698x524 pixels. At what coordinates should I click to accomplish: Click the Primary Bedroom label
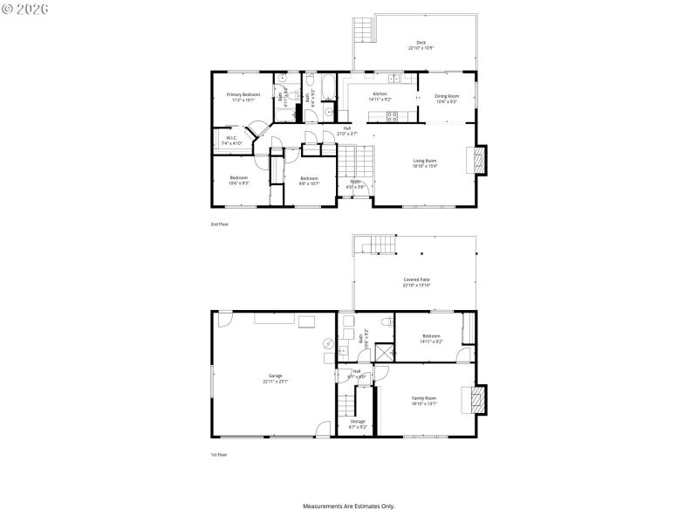coord(243,94)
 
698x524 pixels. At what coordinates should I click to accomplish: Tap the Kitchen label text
coord(380,93)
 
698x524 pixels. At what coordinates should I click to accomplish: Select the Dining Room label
coord(447,96)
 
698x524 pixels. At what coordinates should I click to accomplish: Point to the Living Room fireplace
coord(478,160)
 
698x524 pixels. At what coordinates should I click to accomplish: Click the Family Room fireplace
coord(478,401)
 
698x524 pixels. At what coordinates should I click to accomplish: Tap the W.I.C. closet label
coord(231,137)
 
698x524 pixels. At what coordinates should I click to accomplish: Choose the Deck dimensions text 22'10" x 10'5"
coord(421,48)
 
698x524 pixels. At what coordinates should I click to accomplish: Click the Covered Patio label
coord(416,279)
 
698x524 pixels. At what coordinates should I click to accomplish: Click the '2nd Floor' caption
coord(219,224)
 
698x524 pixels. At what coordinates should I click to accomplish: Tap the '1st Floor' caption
coord(219,454)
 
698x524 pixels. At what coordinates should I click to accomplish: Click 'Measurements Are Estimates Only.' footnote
coord(349,506)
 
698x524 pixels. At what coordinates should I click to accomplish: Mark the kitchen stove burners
coord(392,115)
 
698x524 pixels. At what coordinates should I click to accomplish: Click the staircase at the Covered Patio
coord(373,244)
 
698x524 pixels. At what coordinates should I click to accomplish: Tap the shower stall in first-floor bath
coord(382,351)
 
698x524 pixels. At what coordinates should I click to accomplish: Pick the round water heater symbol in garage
coord(328,343)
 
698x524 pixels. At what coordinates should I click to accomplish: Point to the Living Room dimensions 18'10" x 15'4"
coord(425,165)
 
